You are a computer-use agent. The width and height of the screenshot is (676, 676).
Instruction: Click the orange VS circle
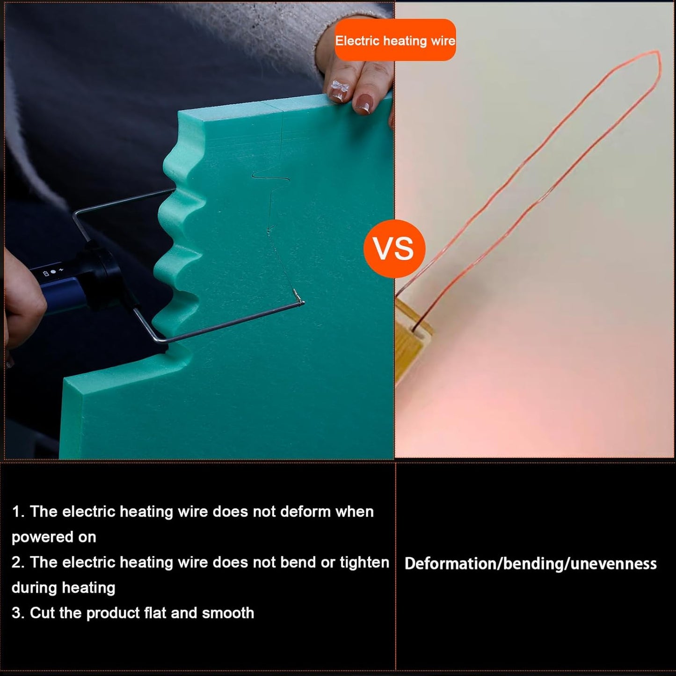click(394, 249)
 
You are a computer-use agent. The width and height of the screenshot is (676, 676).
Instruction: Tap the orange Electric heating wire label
click(395, 40)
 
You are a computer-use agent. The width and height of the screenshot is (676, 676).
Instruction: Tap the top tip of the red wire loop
click(657, 52)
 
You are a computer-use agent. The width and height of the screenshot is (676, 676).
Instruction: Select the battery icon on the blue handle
click(46, 274)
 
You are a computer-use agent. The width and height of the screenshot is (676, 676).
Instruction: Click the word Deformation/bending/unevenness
click(531, 564)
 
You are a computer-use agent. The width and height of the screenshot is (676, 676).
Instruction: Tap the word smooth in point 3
click(228, 613)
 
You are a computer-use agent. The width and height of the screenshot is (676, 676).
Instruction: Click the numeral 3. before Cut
click(18, 613)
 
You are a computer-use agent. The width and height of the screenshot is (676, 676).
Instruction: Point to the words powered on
click(54, 538)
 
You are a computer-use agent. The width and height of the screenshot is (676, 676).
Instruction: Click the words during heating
click(63, 588)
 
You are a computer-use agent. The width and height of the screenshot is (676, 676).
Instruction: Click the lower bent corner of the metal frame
click(160, 339)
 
